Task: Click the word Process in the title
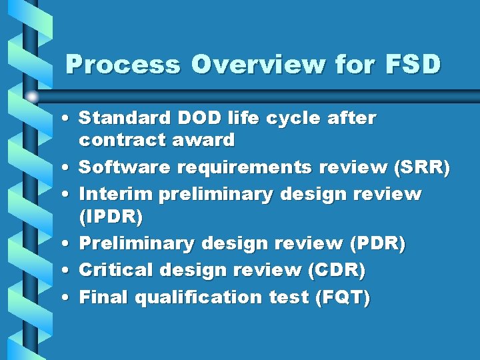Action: coord(123,65)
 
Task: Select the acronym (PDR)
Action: coord(377,243)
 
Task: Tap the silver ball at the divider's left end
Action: coord(31,96)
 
